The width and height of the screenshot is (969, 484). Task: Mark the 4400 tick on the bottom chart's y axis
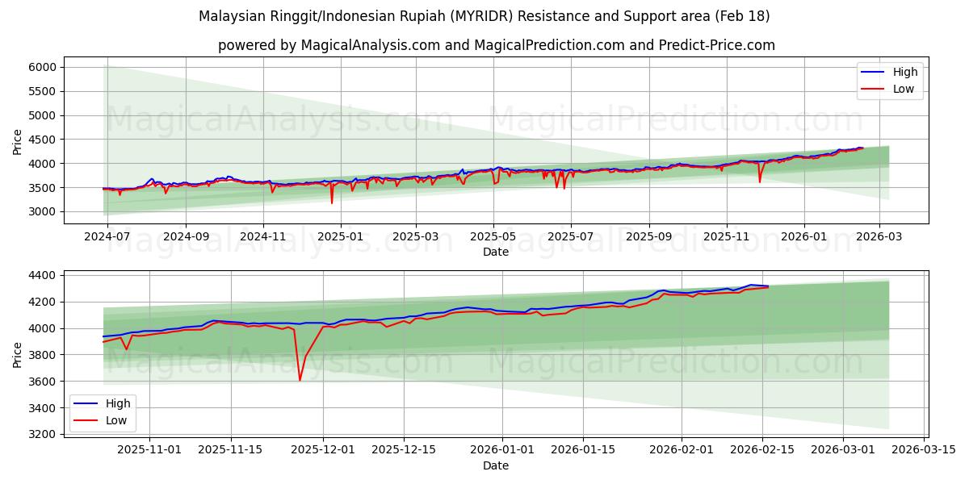(x=42, y=275)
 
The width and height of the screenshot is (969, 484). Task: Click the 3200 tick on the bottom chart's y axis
(x=42, y=435)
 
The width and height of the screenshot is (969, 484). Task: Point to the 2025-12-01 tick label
(x=323, y=449)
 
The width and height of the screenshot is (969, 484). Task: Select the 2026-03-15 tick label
(x=923, y=449)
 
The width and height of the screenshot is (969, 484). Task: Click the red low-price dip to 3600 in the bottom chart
(x=300, y=380)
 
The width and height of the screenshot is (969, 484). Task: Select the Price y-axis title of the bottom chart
(x=18, y=355)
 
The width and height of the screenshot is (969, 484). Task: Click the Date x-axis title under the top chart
(x=496, y=252)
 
